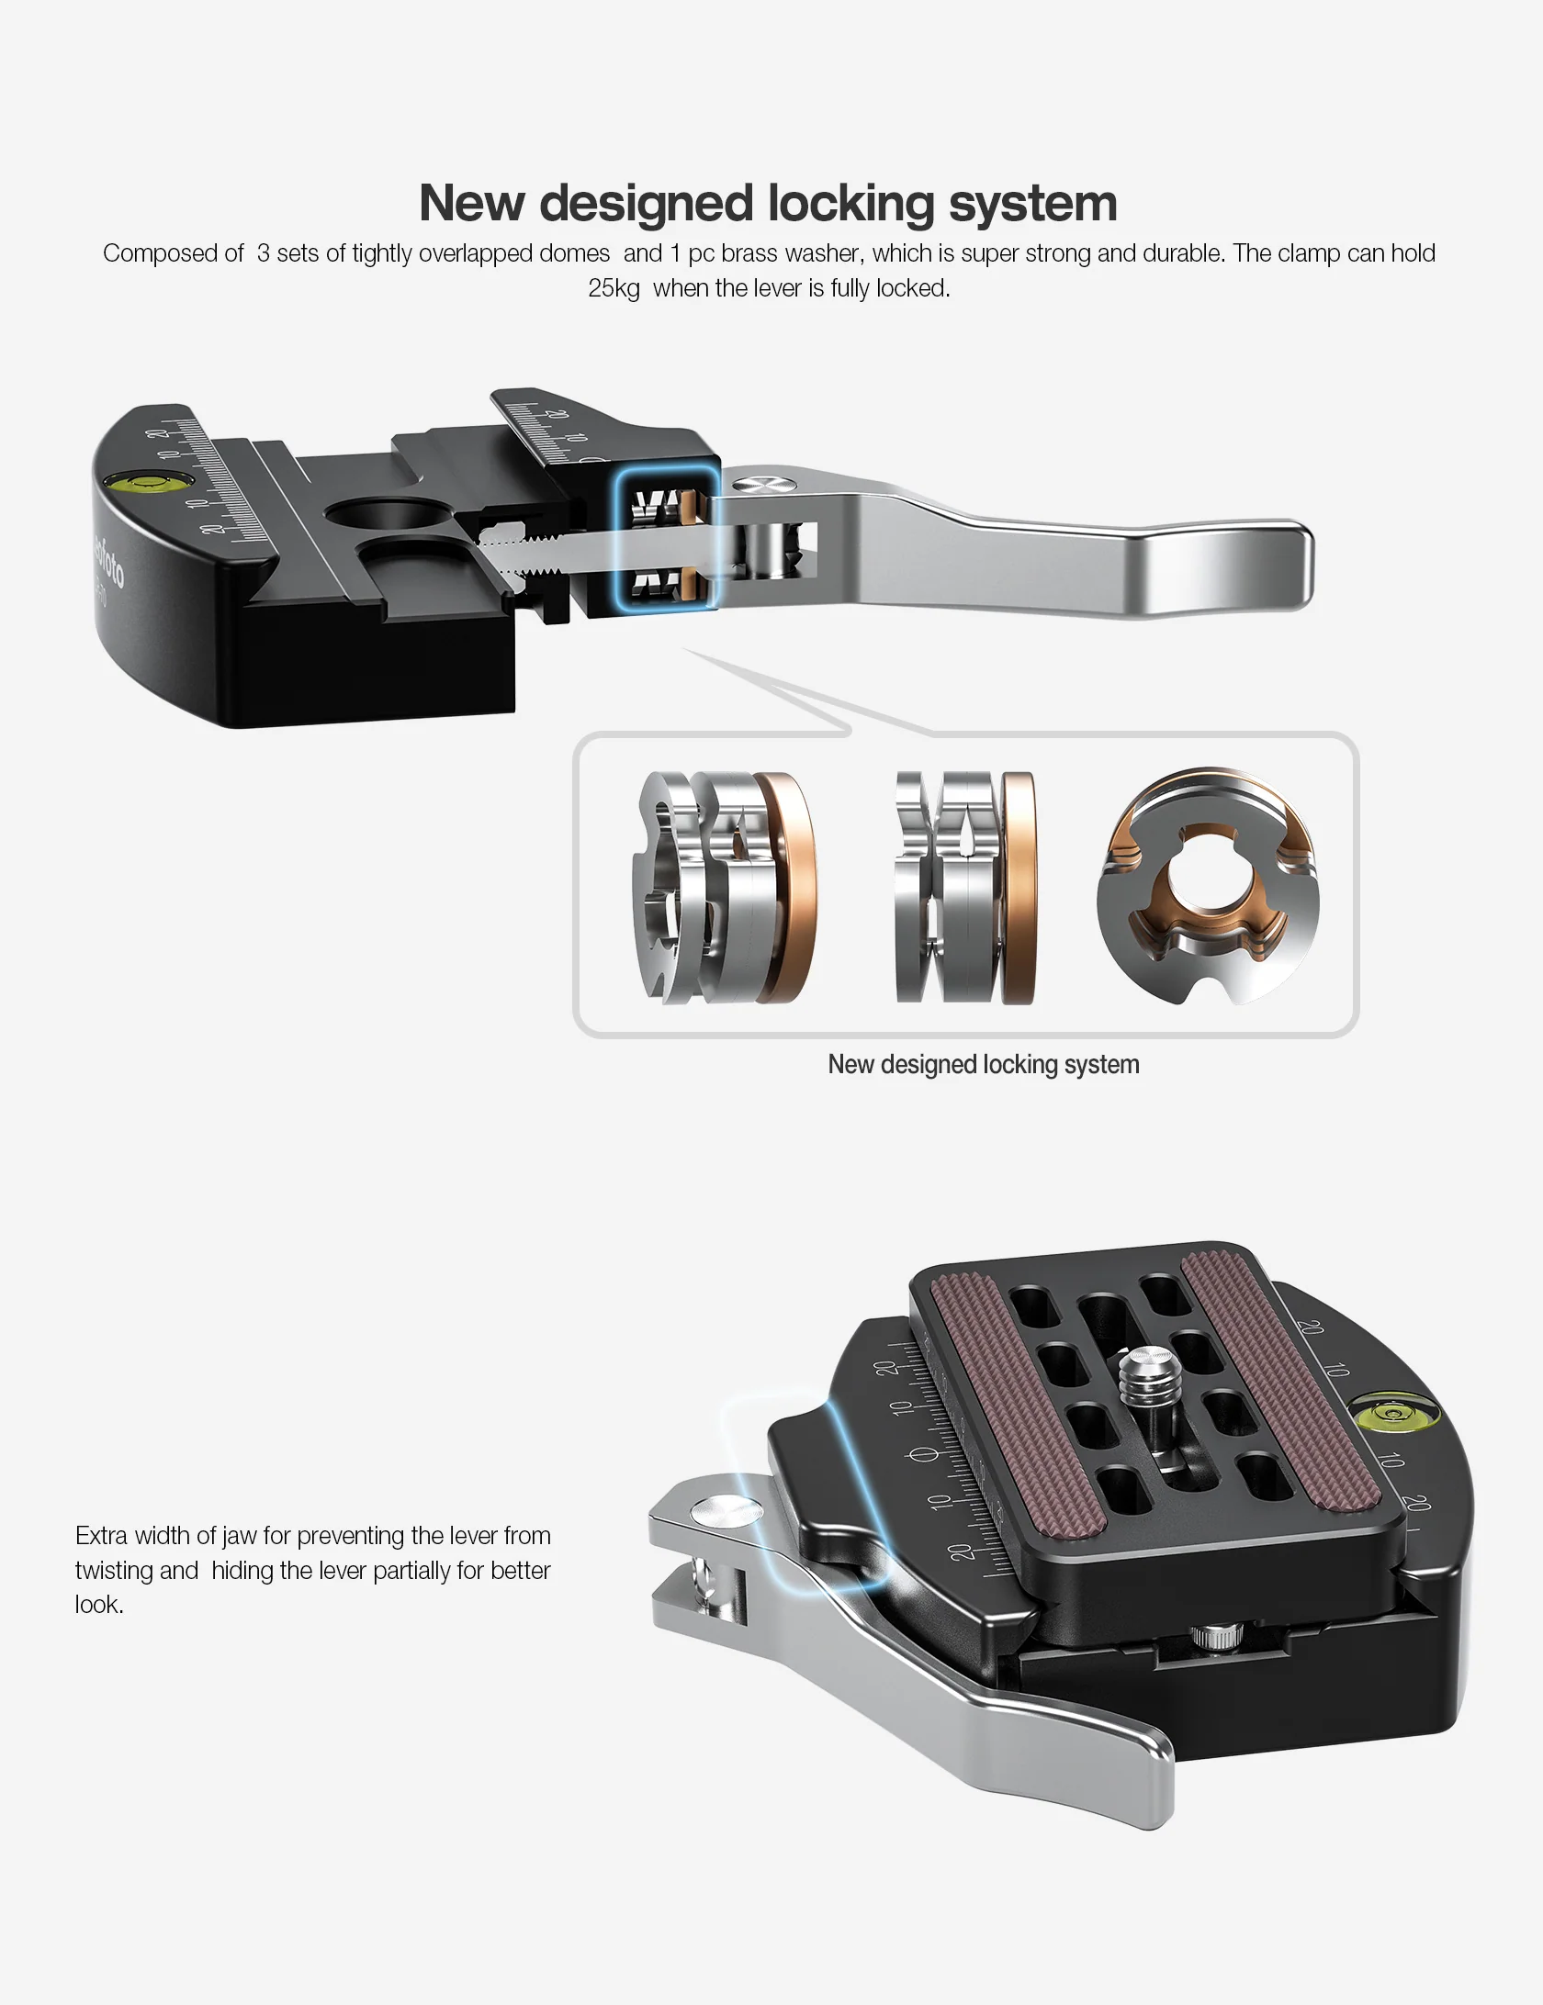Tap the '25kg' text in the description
tap(614, 288)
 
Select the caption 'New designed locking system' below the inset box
tap(983, 1065)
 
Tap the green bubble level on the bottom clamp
tap(1392, 1413)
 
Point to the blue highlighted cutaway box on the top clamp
tap(667, 539)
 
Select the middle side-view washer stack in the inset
tap(964, 887)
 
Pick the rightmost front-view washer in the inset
tap(1209, 887)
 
